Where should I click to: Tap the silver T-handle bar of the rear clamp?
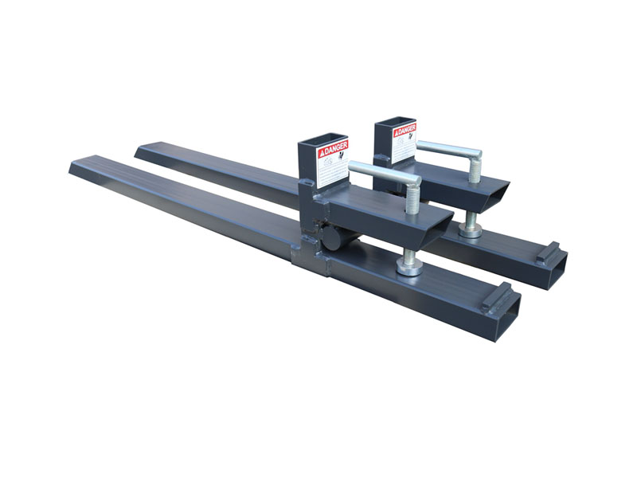coord(447,149)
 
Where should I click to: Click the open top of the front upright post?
coord(322,140)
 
